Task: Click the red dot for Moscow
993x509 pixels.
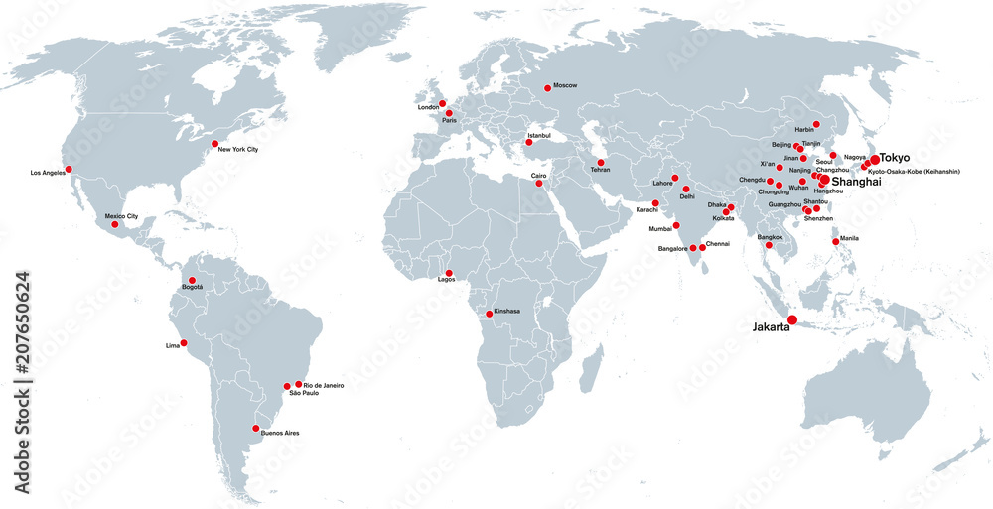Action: tap(547, 88)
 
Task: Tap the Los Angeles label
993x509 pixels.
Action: tap(48, 173)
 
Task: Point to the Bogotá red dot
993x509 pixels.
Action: tap(192, 280)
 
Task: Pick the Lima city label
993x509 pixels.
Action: tap(172, 345)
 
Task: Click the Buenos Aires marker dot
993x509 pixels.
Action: tap(256, 429)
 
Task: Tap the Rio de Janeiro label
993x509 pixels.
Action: tap(324, 385)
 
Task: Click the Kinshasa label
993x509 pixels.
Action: tap(506, 311)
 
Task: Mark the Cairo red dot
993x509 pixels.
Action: tap(539, 184)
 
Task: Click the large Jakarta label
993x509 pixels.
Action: tap(771, 326)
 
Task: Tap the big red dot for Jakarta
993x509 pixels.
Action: tap(792, 319)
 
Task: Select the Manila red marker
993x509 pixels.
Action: tap(836, 242)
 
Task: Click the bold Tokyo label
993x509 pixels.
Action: tap(895, 158)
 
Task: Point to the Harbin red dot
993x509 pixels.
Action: tap(816, 124)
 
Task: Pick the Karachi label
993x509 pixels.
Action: tap(646, 210)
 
